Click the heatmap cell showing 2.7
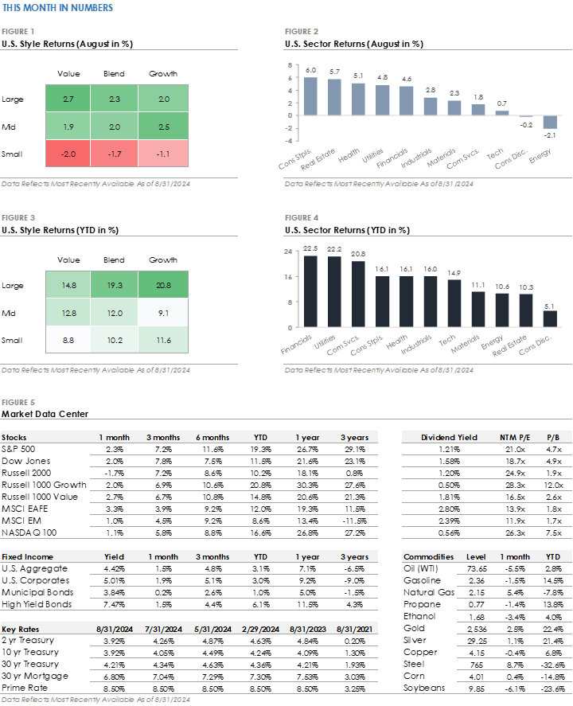(x=68, y=99)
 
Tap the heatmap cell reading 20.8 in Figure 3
(x=163, y=284)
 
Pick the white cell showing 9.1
(x=163, y=312)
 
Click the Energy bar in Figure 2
(x=549, y=122)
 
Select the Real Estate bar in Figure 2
(x=334, y=97)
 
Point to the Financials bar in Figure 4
(x=310, y=291)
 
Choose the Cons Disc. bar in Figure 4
(x=549, y=318)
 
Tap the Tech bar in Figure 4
(x=454, y=302)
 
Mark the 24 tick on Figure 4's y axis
(x=289, y=252)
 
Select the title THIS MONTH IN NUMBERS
(x=57, y=8)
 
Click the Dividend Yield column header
(x=449, y=438)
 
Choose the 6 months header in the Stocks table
(x=212, y=438)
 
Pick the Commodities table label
(x=428, y=557)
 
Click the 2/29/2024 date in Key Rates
(x=260, y=629)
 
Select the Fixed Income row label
(x=27, y=557)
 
